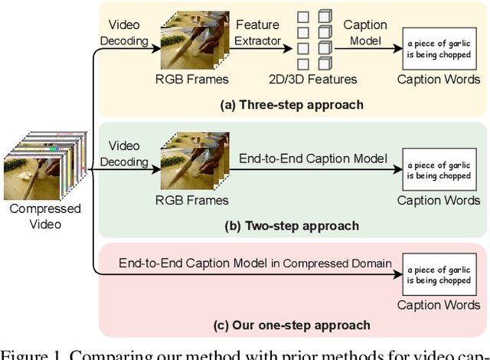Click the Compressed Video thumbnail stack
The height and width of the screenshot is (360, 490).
coord(38,165)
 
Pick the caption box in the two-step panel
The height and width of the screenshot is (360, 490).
coord(439,169)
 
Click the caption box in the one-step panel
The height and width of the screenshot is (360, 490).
coord(439,275)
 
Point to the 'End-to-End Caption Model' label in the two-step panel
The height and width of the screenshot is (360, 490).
coord(313,159)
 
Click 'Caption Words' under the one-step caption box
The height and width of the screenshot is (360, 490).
coord(439,306)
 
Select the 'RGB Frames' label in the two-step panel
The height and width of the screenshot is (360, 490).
coord(191,200)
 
